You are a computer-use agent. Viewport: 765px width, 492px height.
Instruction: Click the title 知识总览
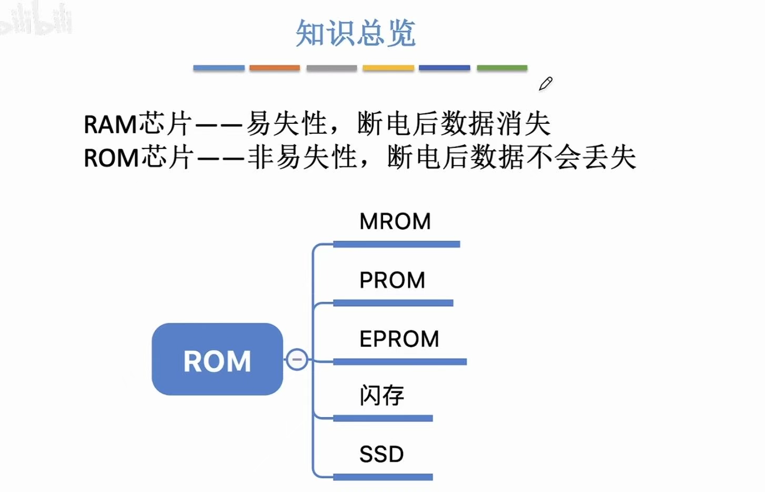pos(356,33)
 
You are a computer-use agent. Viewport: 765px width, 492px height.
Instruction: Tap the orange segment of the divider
pos(275,68)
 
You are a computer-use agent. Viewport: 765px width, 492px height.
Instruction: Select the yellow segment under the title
pos(388,68)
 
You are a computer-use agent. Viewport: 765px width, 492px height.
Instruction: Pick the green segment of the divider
pos(502,68)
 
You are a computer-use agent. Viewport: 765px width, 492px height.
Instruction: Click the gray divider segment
pos(331,68)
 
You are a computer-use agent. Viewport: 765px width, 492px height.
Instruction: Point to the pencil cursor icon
pos(546,84)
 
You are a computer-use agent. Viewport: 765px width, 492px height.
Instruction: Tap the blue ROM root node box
pos(217,359)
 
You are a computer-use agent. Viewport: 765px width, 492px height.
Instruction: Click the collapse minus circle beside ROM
pos(297,359)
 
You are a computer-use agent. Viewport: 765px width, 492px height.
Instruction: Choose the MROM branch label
pos(395,221)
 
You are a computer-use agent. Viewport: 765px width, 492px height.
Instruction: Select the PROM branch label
pos(392,280)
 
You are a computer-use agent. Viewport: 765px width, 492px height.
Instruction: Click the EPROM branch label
pos(399,339)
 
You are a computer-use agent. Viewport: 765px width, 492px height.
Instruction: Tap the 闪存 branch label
pos(382,396)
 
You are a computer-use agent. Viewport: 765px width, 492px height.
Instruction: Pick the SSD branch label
pos(381,454)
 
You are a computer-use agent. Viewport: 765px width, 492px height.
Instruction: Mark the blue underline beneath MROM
pos(396,244)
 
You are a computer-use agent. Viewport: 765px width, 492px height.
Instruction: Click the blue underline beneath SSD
pos(382,477)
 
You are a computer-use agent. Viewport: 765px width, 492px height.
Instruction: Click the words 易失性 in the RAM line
pos(287,124)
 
